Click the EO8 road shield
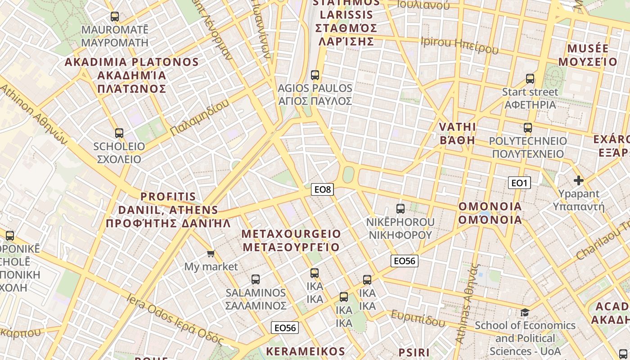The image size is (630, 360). click(322, 189)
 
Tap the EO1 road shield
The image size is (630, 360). click(519, 183)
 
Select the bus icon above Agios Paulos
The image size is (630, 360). click(315, 75)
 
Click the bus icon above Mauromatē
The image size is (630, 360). click(115, 17)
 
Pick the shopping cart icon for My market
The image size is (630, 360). click(211, 254)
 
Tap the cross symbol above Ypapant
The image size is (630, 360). click(579, 181)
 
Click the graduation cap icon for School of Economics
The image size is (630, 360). click(525, 312)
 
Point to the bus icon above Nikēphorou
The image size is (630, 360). click(400, 208)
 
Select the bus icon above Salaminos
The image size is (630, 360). click(256, 279)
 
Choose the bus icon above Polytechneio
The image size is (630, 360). click(528, 128)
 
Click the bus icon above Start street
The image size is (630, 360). click(530, 79)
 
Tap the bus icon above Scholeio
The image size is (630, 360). click(119, 133)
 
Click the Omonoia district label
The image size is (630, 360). click(490, 213)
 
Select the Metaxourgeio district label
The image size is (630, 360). click(291, 240)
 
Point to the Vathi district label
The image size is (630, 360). click(457, 133)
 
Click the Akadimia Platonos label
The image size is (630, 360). click(132, 75)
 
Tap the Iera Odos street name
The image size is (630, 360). click(175, 319)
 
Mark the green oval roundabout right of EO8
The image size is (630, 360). click(348, 175)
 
